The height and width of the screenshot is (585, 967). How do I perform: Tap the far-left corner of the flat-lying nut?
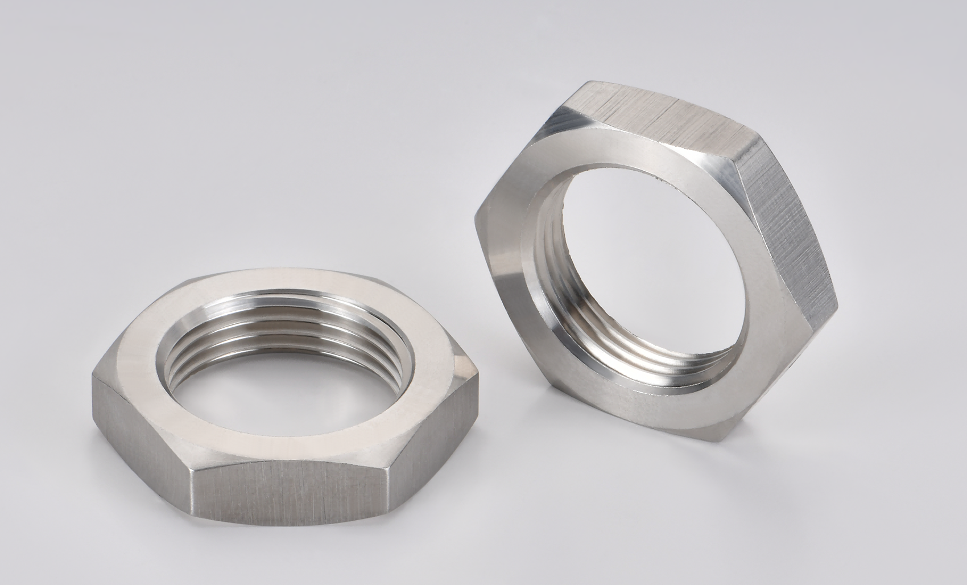tap(94, 378)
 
